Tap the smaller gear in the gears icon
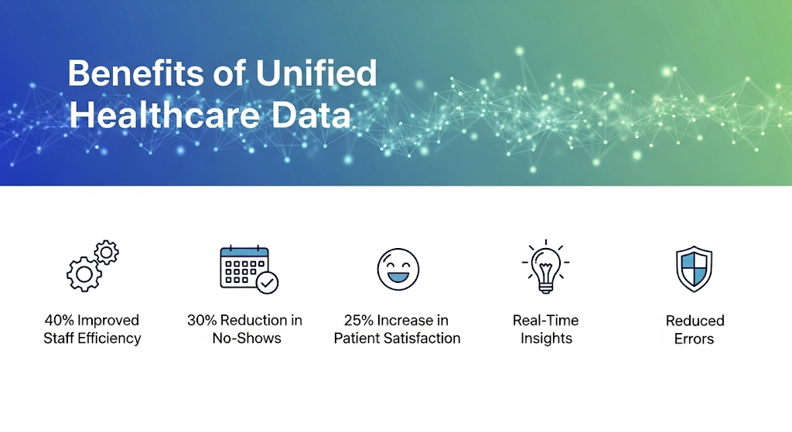click(106, 252)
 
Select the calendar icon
click(244, 267)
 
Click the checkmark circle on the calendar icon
click(268, 282)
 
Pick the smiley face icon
click(398, 269)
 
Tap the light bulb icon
click(546, 267)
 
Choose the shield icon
click(694, 269)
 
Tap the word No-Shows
click(247, 338)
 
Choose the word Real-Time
click(546, 321)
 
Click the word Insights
click(546, 338)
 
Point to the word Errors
click(695, 338)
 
